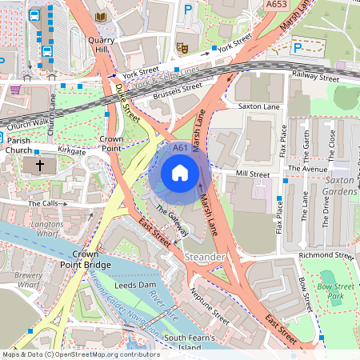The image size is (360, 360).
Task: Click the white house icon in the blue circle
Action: (180, 172)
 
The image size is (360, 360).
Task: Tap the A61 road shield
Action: (180, 148)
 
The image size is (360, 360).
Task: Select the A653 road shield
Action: (276, 4)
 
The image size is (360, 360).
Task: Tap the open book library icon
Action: (100, 17)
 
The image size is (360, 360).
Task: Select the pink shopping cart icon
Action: (16, 90)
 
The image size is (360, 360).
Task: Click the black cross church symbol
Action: (41, 166)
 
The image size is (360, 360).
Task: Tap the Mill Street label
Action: (253, 173)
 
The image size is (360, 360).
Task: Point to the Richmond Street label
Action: (324, 256)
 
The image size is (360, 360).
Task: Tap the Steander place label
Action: (205, 257)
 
